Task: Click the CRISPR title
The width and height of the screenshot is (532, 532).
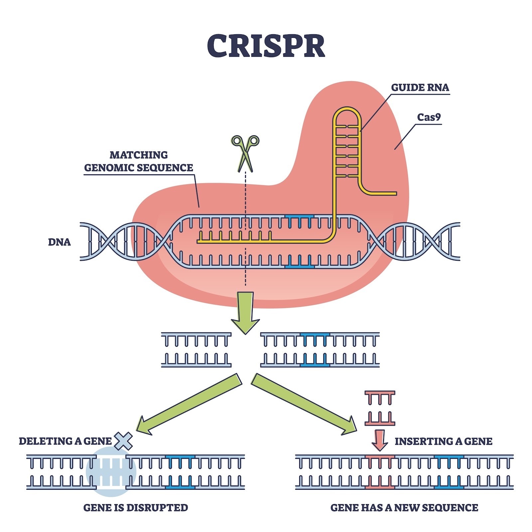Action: [x=266, y=46]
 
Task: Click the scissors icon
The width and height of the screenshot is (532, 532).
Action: [x=245, y=153]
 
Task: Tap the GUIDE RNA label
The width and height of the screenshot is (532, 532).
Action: [x=420, y=87]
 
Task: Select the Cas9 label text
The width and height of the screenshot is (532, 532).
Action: [x=429, y=117]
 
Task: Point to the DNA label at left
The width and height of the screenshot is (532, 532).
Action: [x=59, y=242]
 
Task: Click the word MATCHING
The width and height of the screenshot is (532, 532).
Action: [x=139, y=155]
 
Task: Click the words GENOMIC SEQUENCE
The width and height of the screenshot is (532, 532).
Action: [x=139, y=168]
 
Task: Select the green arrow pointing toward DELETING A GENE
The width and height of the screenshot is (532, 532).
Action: [x=190, y=404]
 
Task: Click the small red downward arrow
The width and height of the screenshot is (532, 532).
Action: [x=379, y=440]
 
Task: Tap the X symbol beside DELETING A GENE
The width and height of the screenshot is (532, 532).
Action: [x=123, y=441]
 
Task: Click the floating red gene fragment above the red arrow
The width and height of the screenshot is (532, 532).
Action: [x=380, y=408]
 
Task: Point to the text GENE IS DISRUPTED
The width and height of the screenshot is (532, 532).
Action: [x=136, y=508]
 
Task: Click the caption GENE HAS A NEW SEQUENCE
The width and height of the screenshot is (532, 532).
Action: [x=404, y=508]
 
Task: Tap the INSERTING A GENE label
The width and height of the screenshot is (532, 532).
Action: [x=443, y=441]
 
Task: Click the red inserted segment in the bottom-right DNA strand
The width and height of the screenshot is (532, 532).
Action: [x=380, y=472]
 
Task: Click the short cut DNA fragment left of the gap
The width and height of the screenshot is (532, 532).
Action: [x=196, y=350]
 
